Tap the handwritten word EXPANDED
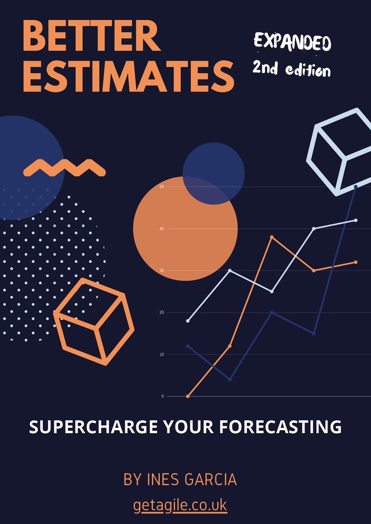(x=292, y=42)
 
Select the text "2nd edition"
(x=292, y=69)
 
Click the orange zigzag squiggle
(x=64, y=168)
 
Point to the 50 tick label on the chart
(x=162, y=187)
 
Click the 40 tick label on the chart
(x=162, y=229)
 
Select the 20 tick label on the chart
(x=162, y=313)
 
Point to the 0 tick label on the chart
(x=163, y=396)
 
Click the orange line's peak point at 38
(x=272, y=237)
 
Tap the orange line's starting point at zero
(x=188, y=396)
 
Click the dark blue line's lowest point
(x=230, y=379)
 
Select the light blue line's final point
(x=355, y=221)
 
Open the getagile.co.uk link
(x=180, y=505)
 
